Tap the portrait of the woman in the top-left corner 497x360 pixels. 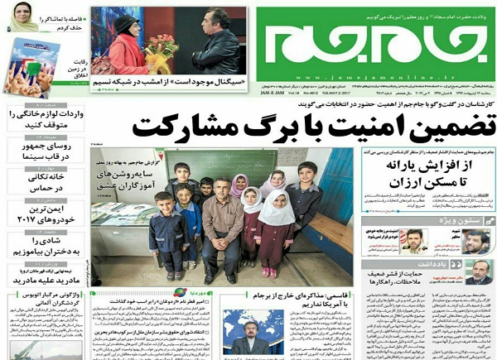click(x=24, y=22)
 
